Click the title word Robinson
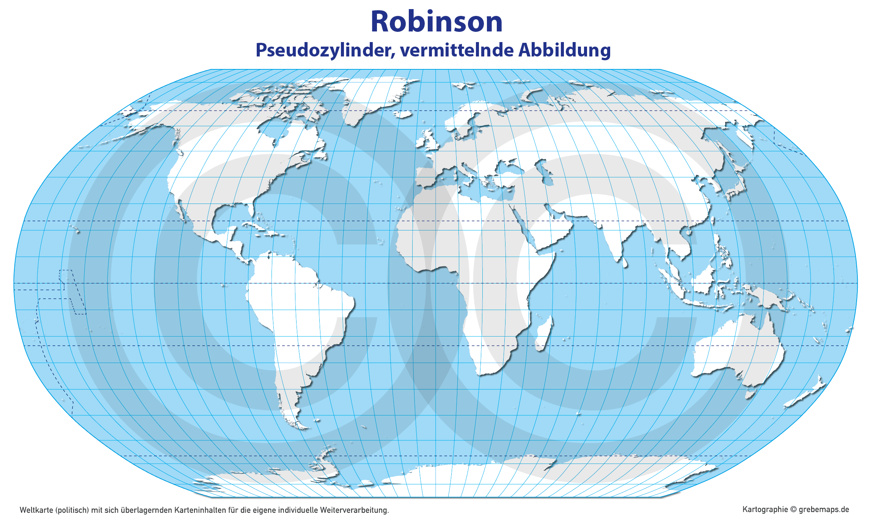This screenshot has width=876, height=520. tap(436, 22)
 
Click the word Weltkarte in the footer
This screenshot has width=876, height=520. tap(36, 510)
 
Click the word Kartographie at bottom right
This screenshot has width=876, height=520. tap(765, 510)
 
